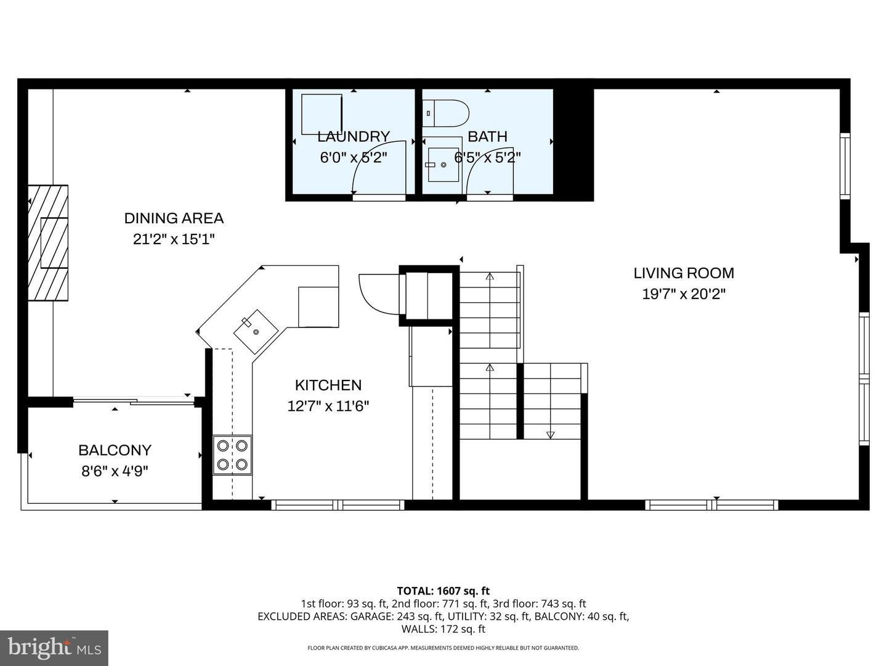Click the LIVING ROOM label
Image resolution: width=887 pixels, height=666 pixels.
[x=684, y=273]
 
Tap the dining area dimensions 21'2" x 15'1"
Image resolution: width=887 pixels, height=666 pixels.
[x=174, y=239]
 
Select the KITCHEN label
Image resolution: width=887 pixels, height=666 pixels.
[x=328, y=385]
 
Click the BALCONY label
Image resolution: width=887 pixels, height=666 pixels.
[x=115, y=450]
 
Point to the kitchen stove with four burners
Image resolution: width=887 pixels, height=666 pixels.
[x=232, y=455]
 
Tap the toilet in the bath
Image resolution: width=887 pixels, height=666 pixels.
[x=448, y=113]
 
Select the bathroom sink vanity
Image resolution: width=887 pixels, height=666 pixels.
[x=444, y=165]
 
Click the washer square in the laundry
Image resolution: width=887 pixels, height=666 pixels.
[x=321, y=113]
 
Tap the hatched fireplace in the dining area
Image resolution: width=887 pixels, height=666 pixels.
[x=48, y=242]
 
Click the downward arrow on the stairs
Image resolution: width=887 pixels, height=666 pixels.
[x=550, y=435]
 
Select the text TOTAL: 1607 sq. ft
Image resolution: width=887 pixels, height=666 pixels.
[x=443, y=591]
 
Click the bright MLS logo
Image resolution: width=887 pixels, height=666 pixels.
[x=54, y=647]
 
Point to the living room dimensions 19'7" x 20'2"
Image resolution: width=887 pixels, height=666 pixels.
[x=684, y=294]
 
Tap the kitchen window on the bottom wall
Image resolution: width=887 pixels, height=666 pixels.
[x=338, y=505]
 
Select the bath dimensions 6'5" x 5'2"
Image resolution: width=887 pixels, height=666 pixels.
[x=487, y=157]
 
